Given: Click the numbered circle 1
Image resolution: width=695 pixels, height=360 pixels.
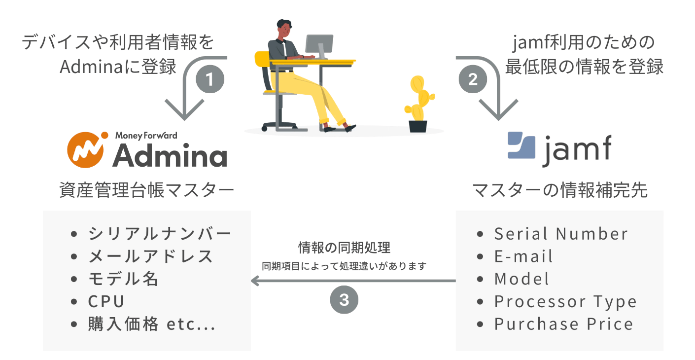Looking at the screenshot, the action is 210,79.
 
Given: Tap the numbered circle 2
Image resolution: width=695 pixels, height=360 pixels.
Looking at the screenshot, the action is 473,79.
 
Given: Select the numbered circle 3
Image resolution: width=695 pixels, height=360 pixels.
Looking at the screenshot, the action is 344,299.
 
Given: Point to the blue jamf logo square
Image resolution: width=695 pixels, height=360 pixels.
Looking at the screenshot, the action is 521,145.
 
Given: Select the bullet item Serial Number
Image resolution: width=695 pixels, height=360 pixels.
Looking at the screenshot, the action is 552,234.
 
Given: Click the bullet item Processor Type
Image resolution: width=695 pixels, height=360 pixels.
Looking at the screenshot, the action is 556,301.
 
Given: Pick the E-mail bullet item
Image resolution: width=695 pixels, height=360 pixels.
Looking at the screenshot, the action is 515,256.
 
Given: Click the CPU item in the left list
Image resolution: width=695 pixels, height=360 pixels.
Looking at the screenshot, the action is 98,301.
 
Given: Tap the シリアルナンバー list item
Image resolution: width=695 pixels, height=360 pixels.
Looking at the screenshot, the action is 151,234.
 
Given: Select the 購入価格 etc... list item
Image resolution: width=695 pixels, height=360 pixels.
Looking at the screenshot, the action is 143,324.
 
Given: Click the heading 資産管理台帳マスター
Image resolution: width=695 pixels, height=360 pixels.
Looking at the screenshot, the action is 146,190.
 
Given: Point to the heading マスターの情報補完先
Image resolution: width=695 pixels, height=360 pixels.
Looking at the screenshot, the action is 560,190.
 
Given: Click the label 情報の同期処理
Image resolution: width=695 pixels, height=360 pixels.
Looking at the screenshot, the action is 344,248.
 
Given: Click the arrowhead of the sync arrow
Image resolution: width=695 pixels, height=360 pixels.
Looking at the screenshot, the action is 255,281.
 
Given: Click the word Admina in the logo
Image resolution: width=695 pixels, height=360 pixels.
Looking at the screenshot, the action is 170,155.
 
